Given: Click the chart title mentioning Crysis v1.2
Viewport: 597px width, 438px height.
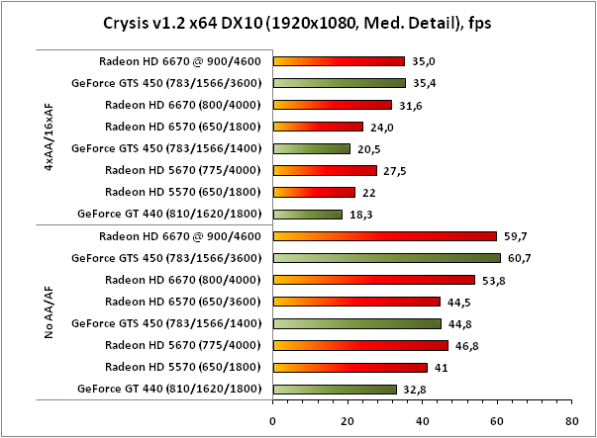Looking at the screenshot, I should point(298,22).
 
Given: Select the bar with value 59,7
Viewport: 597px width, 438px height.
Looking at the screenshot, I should point(384,236).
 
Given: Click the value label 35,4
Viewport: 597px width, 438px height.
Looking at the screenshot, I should point(422,83).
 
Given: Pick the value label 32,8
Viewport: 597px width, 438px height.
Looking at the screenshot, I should point(416,390).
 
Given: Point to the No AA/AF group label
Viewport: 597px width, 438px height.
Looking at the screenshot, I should point(50,311).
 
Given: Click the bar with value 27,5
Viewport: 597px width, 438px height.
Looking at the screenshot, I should point(324,170).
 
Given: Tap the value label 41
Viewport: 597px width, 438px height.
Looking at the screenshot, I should point(441,368).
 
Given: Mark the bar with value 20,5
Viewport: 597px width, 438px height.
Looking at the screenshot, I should point(311,148).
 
